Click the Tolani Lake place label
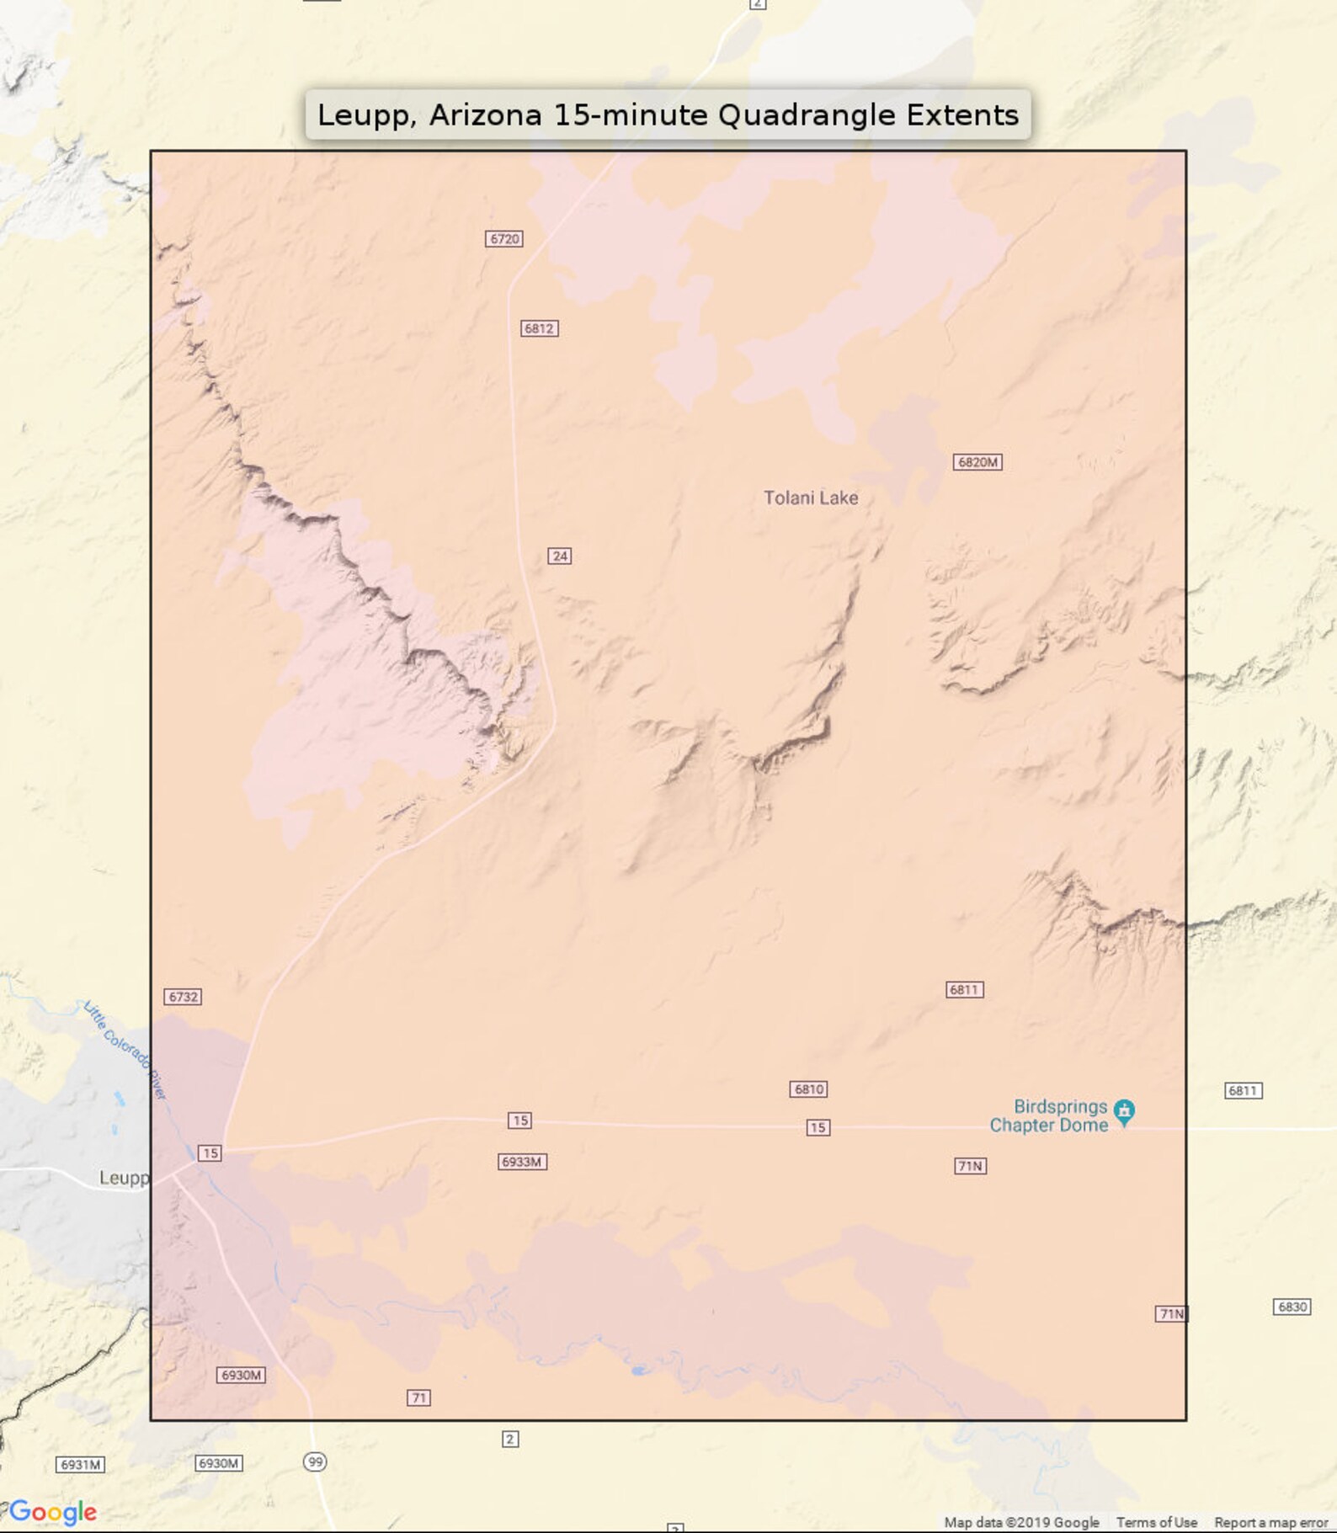point(810,498)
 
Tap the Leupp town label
point(124,1178)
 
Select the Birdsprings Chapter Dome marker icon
point(1124,1112)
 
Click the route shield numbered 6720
point(504,239)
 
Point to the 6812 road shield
point(539,328)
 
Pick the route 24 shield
point(560,556)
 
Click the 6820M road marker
point(977,462)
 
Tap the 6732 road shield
point(183,997)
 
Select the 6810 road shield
point(808,1089)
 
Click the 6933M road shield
point(522,1162)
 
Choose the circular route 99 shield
point(315,1461)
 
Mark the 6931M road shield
point(80,1465)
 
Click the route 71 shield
point(418,1397)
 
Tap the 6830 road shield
point(1292,1307)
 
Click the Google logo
point(53,1511)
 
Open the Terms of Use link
point(1156,1522)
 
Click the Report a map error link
point(1270,1522)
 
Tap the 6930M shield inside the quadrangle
point(241,1375)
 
